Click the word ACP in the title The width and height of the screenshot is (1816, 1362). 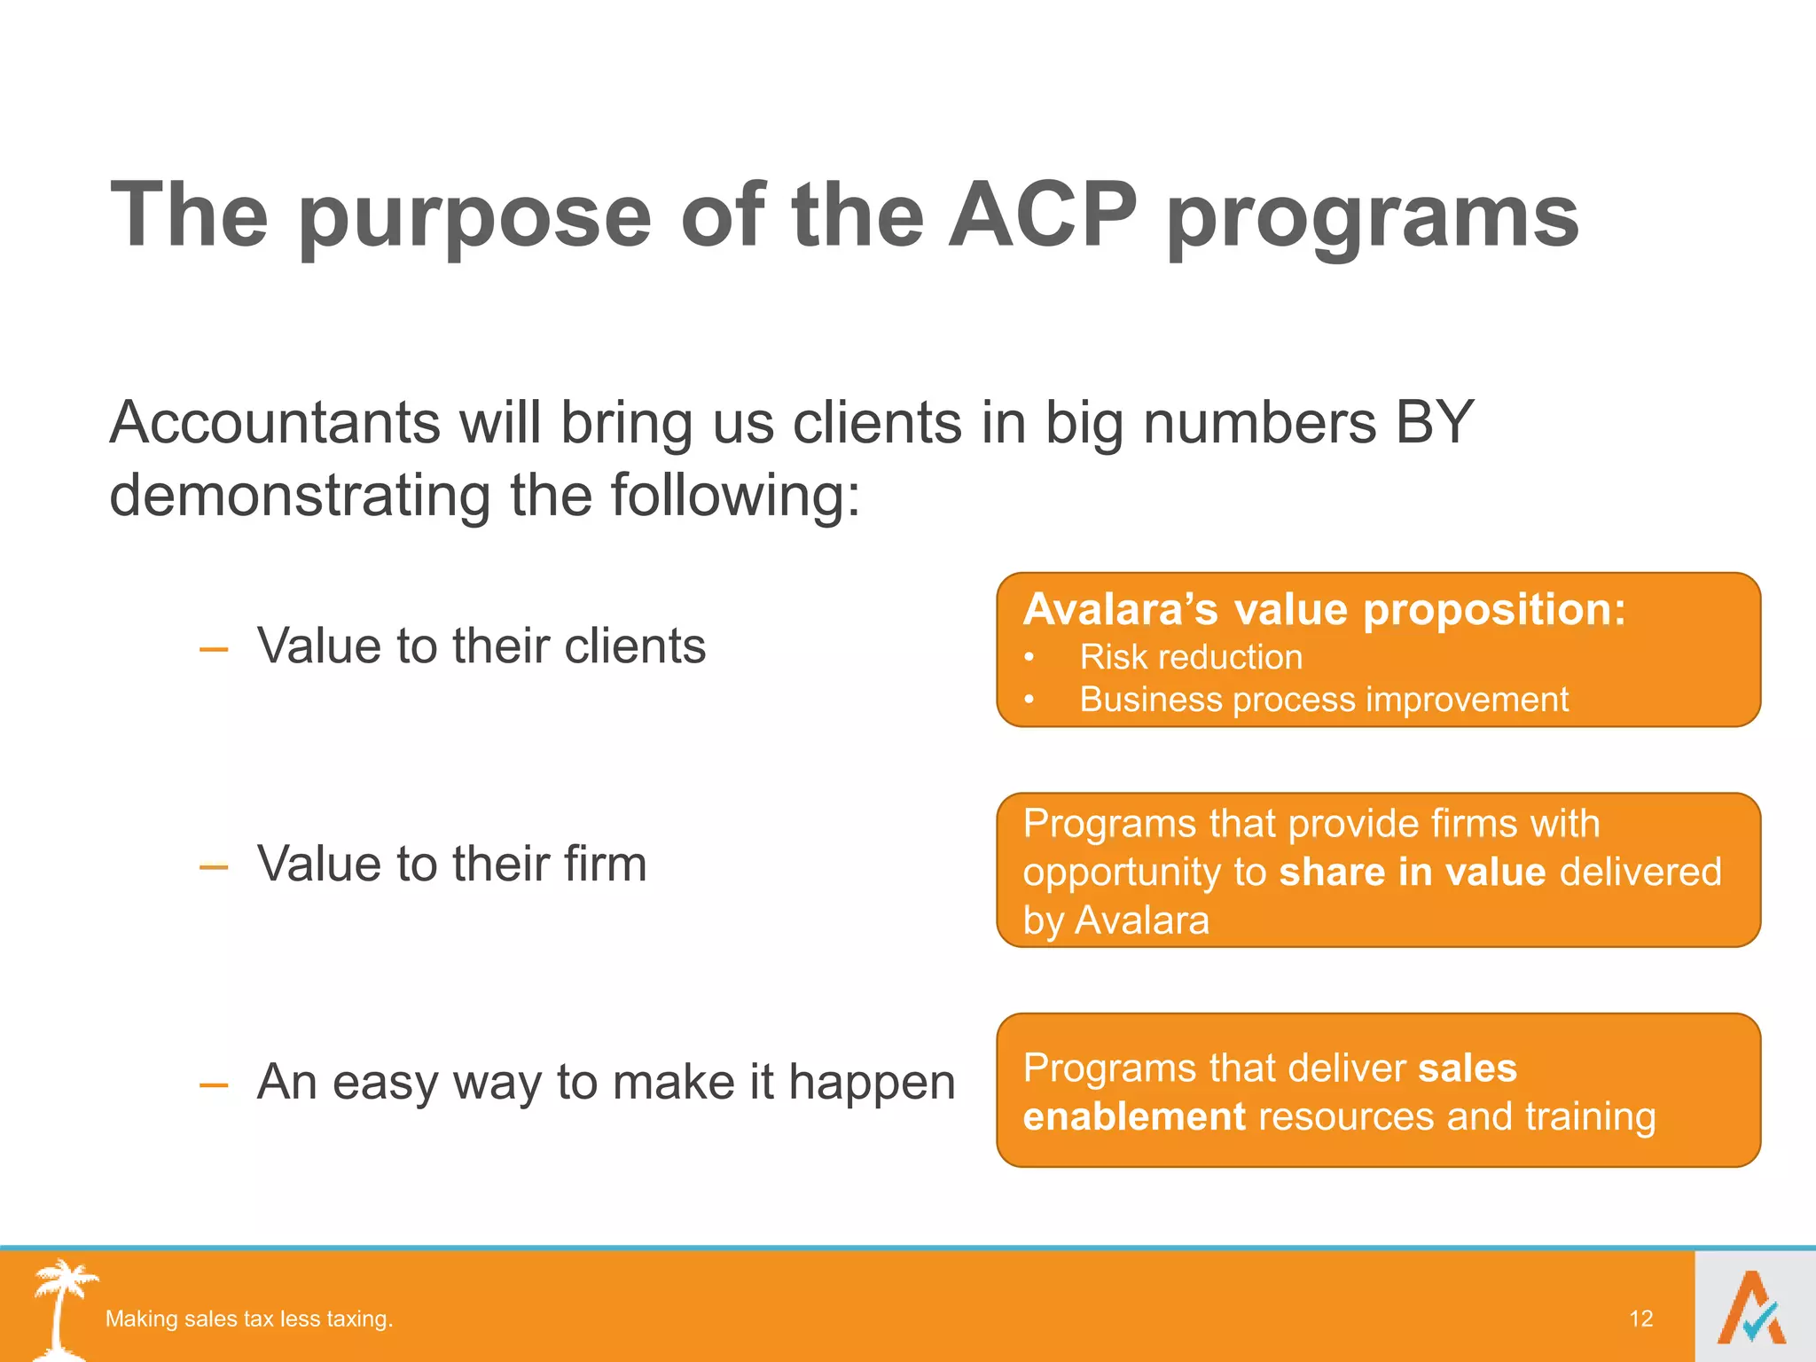[x=1042, y=215]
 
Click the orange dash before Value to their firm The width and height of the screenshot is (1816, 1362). [x=214, y=867]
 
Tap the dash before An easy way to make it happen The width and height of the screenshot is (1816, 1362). [x=214, y=1085]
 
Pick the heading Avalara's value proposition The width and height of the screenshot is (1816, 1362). [x=1324, y=609]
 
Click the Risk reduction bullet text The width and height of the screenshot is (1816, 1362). [x=1190, y=657]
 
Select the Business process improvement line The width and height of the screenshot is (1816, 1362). [x=1323, y=700]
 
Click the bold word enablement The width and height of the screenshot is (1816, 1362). [x=1134, y=1116]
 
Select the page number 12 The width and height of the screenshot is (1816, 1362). [x=1640, y=1319]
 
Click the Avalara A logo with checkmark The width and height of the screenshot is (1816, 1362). [x=1752, y=1309]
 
